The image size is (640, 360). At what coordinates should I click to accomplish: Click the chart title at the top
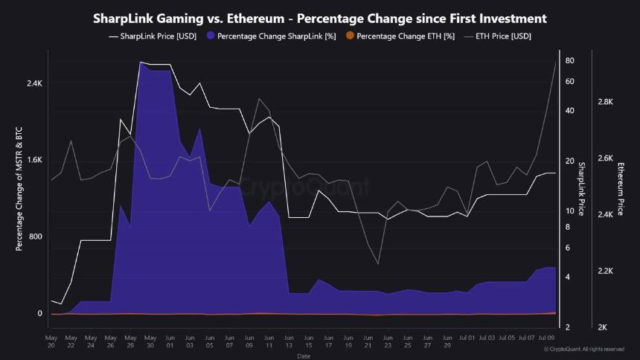click(x=320, y=19)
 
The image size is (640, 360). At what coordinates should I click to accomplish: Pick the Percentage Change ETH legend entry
click(x=406, y=36)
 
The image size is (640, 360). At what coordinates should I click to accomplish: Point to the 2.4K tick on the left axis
click(x=34, y=83)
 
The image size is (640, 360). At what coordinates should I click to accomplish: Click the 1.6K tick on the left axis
click(x=34, y=161)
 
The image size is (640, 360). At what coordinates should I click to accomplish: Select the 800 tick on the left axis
click(x=36, y=237)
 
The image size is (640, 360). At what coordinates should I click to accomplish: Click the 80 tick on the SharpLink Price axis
click(x=569, y=60)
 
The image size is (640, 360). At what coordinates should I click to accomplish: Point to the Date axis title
click(x=304, y=356)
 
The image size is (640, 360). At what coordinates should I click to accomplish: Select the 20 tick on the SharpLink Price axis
click(x=569, y=161)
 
